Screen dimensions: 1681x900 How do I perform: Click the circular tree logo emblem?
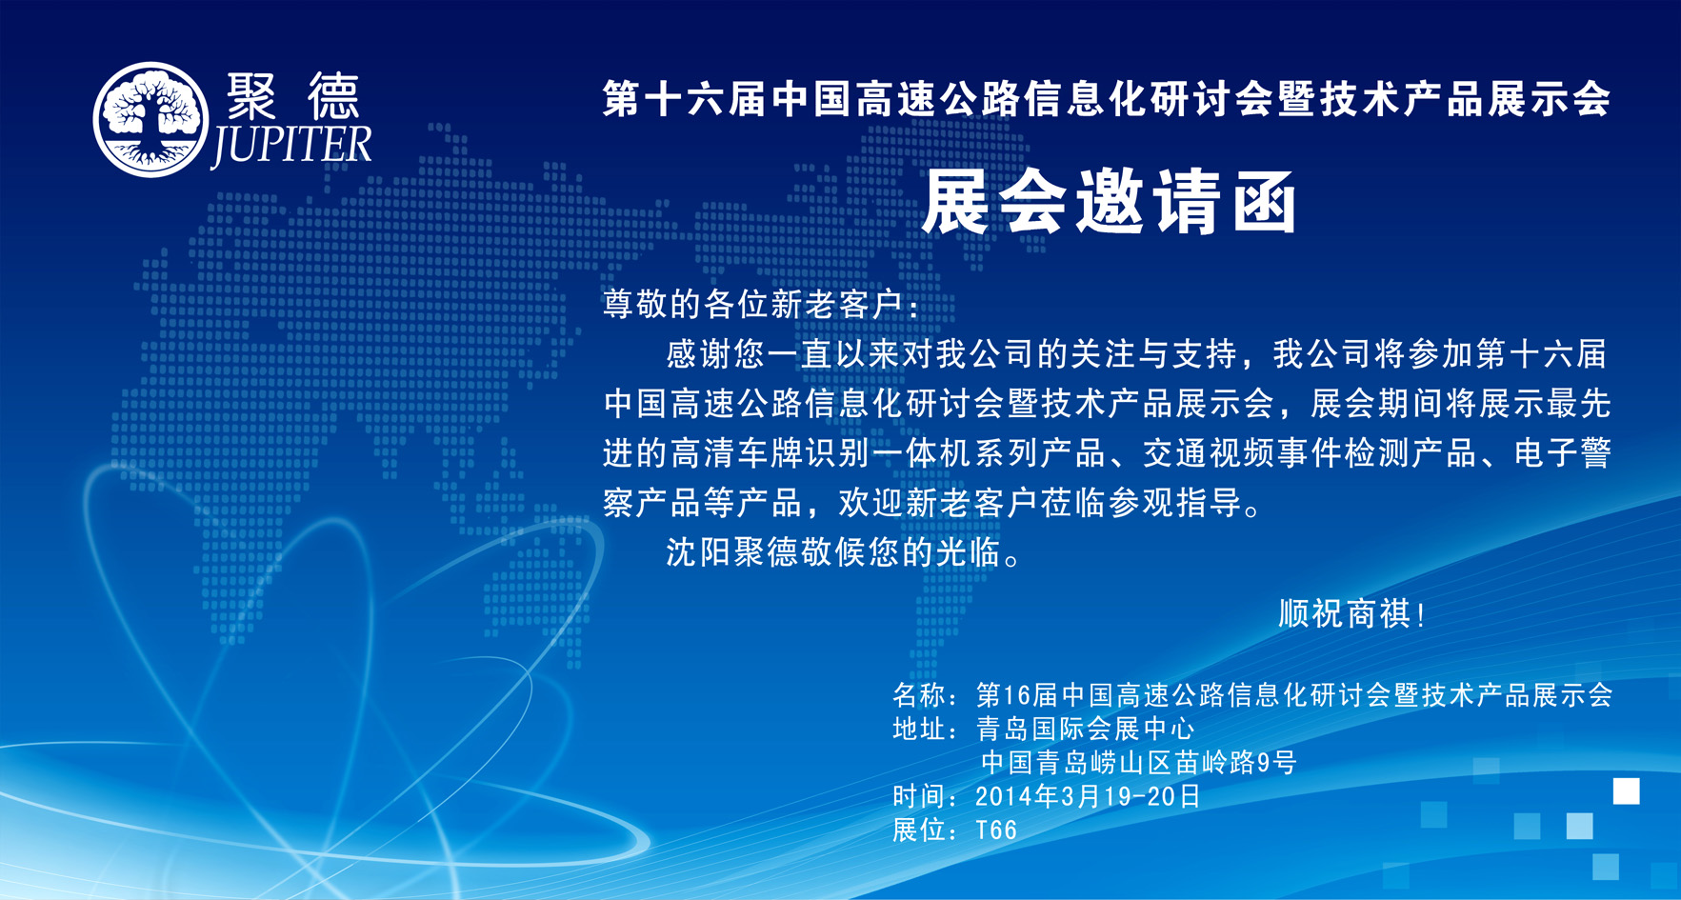[x=150, y=120]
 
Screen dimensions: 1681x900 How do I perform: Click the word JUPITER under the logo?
[x=290, y=146]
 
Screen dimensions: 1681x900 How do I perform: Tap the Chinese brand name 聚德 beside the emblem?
[x=293, y=96]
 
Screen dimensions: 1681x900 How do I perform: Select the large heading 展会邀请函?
[x=1111, y=202]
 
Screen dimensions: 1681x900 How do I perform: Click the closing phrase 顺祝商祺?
[x=1351, y=614]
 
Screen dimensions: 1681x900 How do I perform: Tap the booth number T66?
[x=996, y=830]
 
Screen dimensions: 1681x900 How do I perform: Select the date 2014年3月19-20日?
[x=1089, y=796]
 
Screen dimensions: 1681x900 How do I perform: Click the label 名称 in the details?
[x=919, y=695]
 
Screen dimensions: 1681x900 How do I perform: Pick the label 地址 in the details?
[x=919, y=730]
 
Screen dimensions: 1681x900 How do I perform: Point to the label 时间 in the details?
[x=919, y=796]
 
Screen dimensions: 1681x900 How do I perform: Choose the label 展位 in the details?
[x=919, y=830]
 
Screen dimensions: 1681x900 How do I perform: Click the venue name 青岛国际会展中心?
[x=1085, y=730]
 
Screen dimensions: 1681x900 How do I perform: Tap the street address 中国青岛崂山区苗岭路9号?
[x=1139, y=763]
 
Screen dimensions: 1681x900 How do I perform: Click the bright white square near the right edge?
[x=1626, y=791]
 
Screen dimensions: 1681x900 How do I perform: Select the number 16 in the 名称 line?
[x=1017, y=695]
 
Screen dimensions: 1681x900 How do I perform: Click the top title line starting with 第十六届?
[x=1107, y=99]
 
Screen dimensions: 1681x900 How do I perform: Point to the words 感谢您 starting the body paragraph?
[x=715, y=354]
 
